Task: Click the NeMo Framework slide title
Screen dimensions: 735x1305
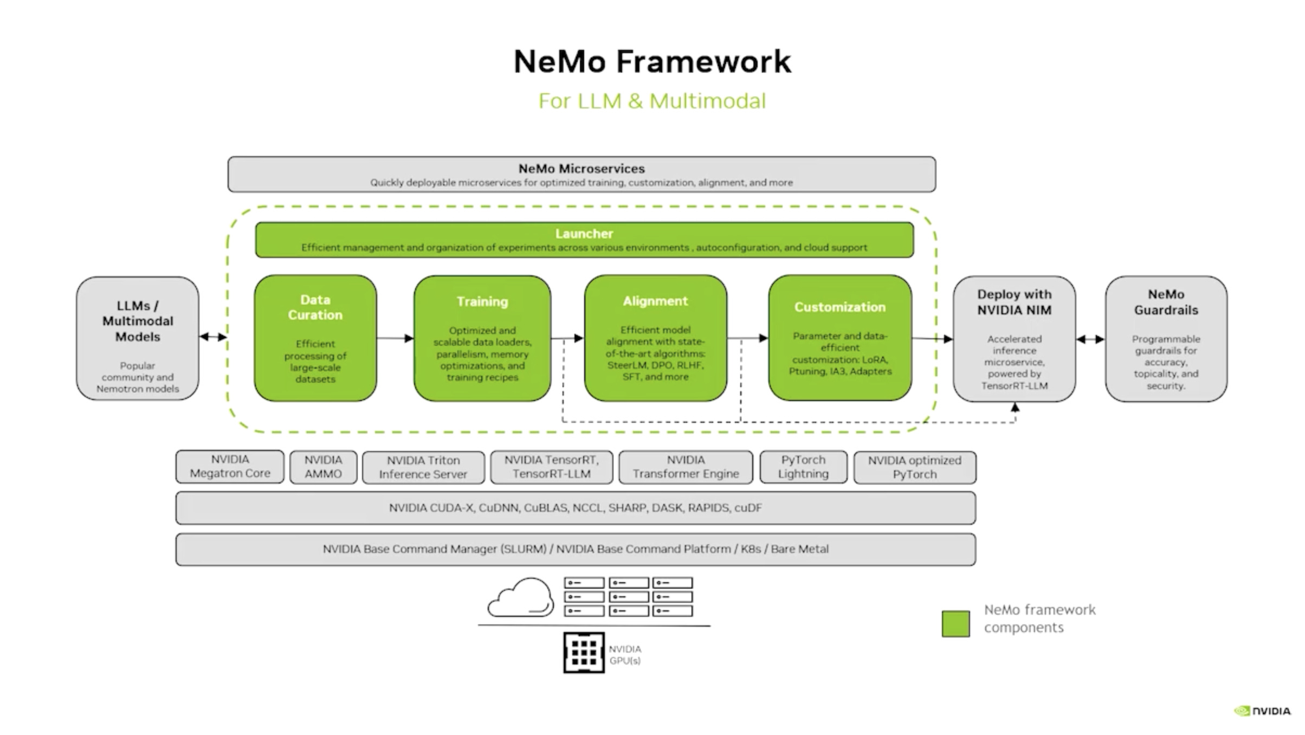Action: (652, 61)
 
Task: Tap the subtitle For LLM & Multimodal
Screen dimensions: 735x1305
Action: (652, 101)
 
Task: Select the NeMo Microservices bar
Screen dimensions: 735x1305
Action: (582, 175)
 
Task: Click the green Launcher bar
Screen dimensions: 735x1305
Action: (584, 240)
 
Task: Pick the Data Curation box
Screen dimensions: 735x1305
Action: (315, 338)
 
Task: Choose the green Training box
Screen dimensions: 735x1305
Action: (482, 338)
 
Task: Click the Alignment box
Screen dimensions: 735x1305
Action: (655, 338)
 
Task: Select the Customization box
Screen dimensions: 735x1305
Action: (840, 338)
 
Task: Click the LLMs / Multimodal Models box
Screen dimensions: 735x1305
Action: (138, 339)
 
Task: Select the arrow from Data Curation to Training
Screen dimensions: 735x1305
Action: (395, 339)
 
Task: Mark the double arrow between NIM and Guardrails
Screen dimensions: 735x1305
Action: (1090, 340)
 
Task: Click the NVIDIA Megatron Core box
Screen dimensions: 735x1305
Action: (230, 467)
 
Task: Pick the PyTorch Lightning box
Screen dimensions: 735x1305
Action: (803, 467)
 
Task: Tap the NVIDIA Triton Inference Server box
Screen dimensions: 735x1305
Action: (423, 467)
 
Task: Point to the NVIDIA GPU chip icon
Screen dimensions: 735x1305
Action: (584, 653)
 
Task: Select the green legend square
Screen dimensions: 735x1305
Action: (955, 624)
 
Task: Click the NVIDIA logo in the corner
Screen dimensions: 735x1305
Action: (1263, 711)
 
